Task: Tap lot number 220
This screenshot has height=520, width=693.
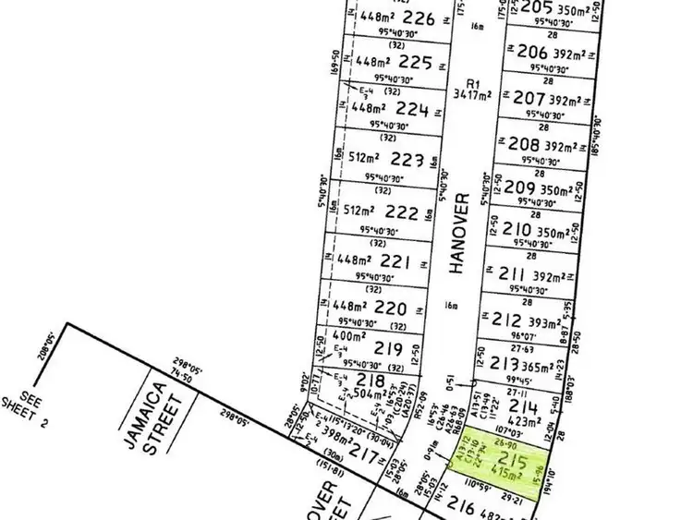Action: [x=391, y=307]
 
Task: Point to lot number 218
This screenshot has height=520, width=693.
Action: [x=371, y=381]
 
